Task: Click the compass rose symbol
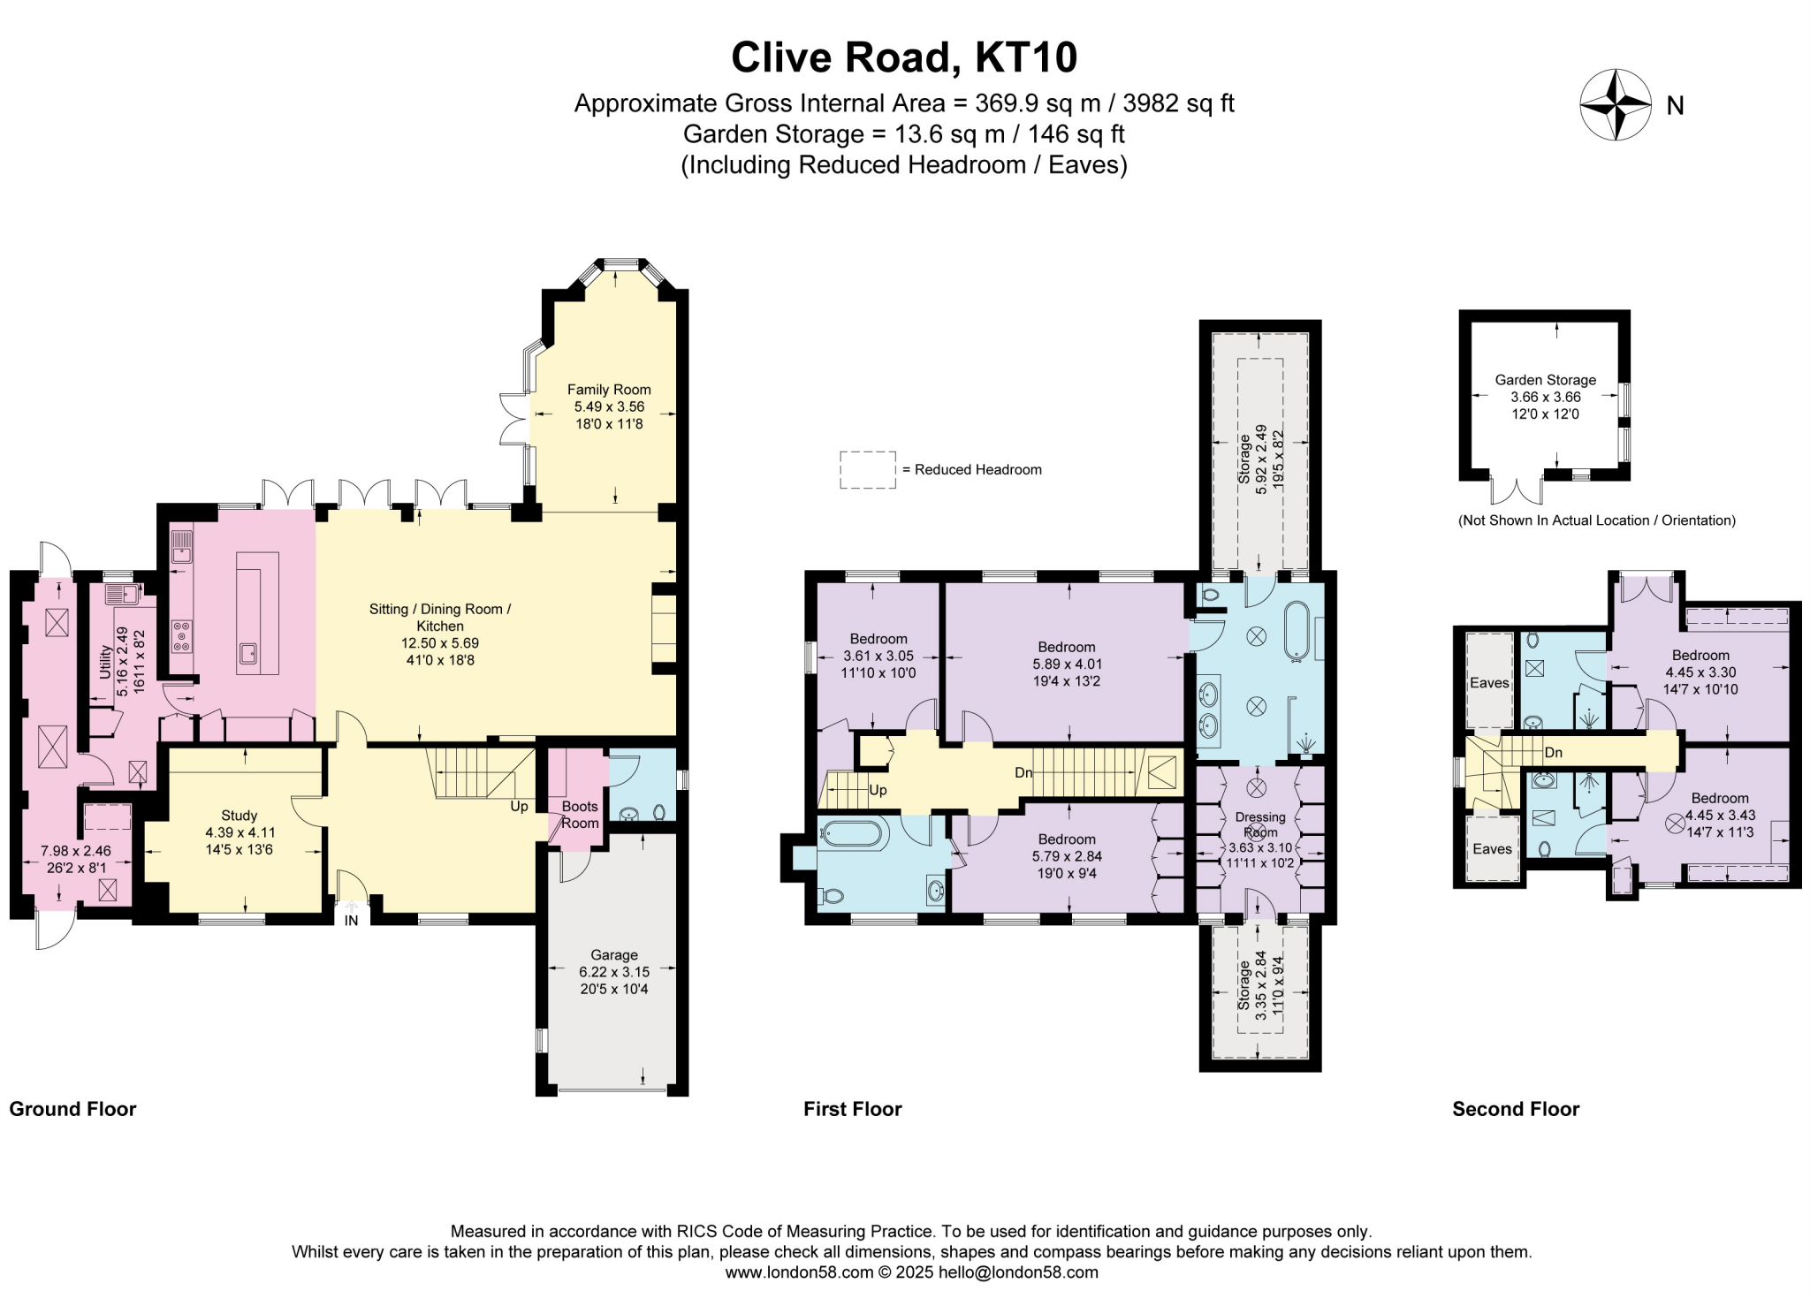tap(1615, 105)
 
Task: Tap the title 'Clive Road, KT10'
tap(903, 57)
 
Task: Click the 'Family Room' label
tap(609, 390)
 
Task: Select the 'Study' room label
tap(239, 816)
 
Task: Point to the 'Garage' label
tap(613, 955)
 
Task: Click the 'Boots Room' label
tap(580, 815)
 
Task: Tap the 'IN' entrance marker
tap(351, 921)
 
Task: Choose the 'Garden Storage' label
tap(1545, 380)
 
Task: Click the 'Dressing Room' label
tap(1259, 824)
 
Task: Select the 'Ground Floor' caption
tap(72, 1109)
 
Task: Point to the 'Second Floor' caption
tap(1515, 1109)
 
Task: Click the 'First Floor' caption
tap(852, 1109)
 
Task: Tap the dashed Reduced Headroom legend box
tap(866, 470)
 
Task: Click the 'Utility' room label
tap(105, 662)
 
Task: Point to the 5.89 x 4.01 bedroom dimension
tap(1067, 664)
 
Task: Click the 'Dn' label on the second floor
tap(1553, 753)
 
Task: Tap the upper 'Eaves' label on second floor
tap(1489, 683)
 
